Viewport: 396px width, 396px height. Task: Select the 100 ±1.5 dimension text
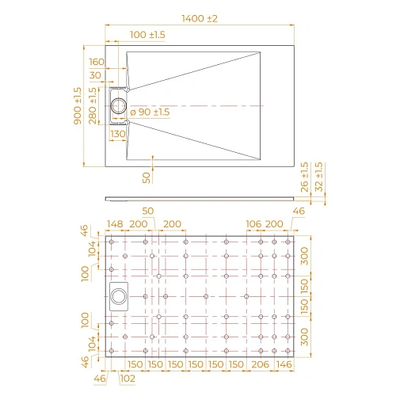147,36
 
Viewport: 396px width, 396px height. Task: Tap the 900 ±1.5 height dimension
77,105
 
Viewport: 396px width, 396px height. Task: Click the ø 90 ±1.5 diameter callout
150,112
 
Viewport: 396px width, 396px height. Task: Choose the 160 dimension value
97,62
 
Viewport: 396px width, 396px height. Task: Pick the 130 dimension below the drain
118,134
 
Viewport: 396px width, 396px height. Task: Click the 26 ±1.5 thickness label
304,178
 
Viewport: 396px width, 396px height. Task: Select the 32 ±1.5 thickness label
318,178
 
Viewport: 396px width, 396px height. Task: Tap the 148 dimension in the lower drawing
116,225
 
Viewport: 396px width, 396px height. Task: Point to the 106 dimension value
253,225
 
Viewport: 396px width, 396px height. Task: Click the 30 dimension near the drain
97,75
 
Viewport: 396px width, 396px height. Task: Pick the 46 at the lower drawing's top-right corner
298,211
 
